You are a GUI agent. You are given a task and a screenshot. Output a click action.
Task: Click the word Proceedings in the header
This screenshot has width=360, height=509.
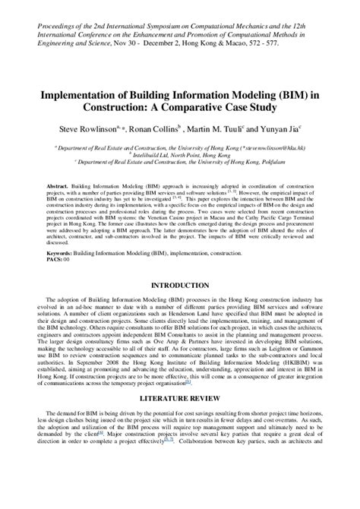click(50, 8)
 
